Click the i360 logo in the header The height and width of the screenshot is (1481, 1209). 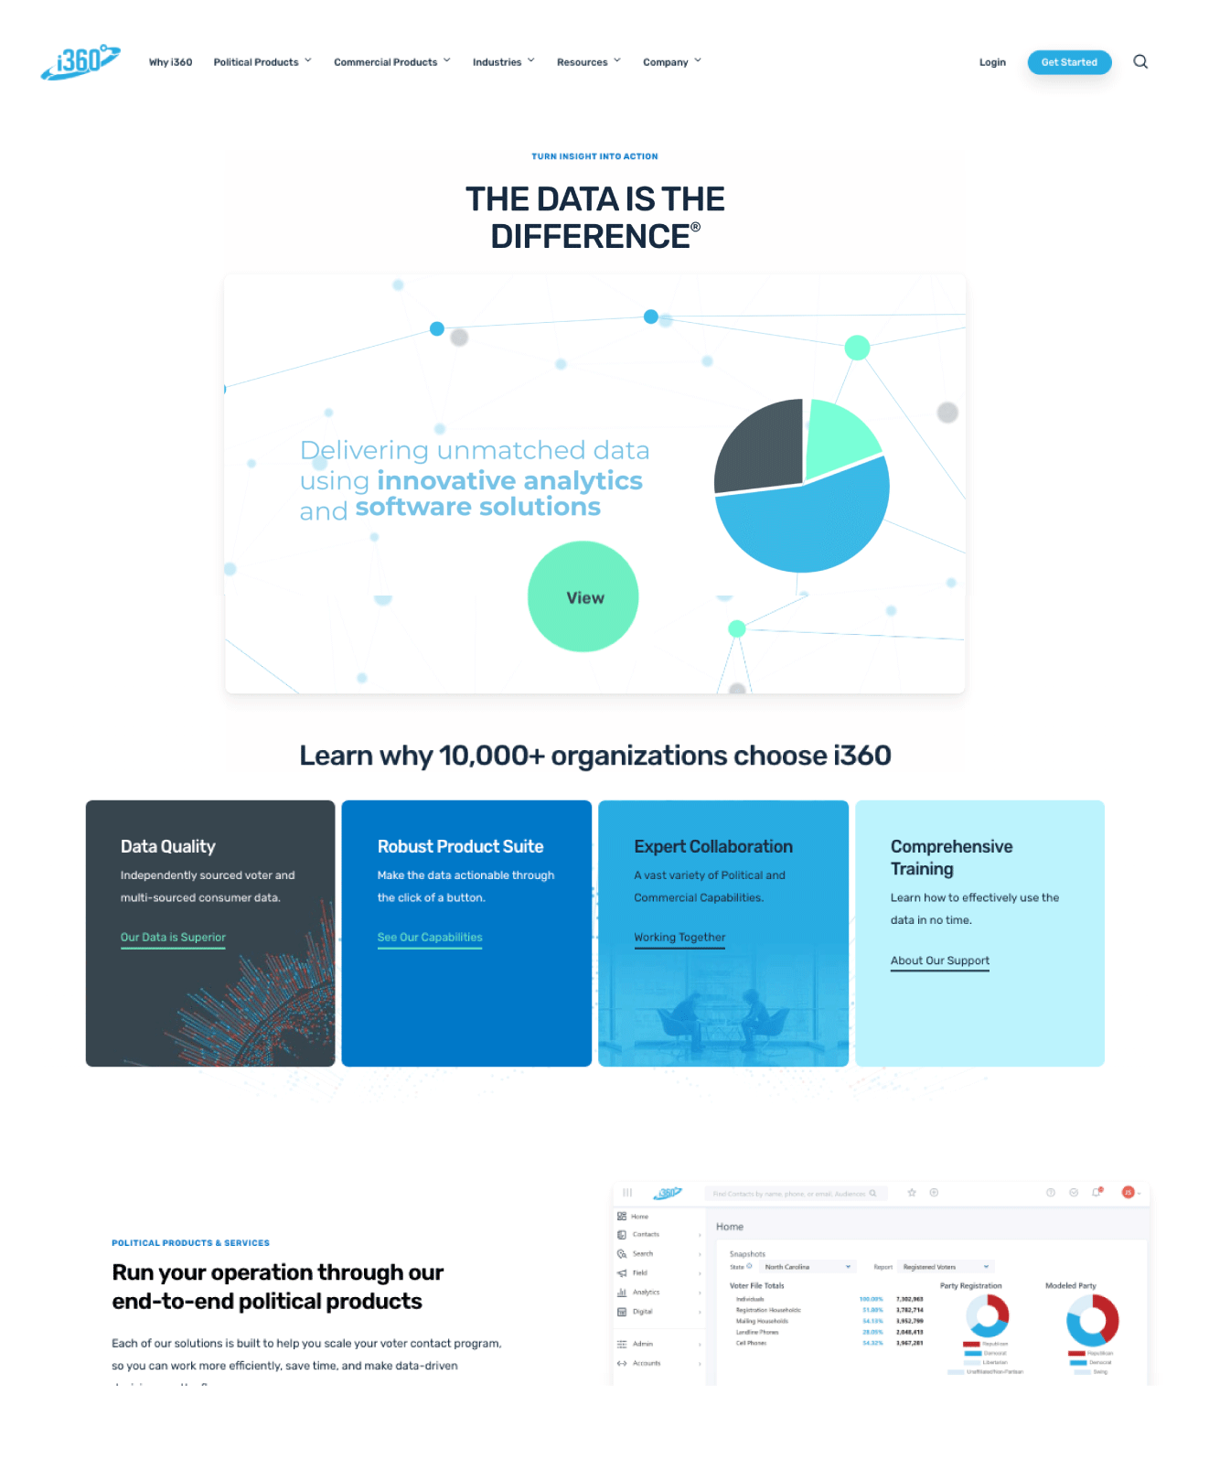[x=80, y=61]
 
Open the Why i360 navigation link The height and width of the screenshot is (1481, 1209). [x=170, y=62]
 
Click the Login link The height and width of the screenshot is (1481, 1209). [x=992, y=62]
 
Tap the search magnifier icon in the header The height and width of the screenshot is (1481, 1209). [x=1140, y=62]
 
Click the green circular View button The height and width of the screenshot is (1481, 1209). [x=583, y=597]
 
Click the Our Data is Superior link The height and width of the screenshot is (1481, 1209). [x=173, y=938]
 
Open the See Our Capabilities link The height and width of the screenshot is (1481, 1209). [x=430, y=938]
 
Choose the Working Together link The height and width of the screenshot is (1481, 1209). [x=679, y=938]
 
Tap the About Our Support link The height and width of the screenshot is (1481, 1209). [x=939, y=961]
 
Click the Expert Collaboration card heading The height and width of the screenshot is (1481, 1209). [x=713, y=847]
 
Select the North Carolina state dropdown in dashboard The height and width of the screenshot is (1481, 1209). [x=808, y=1267]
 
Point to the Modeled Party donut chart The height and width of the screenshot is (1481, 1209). [x=1093, y=1320]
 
